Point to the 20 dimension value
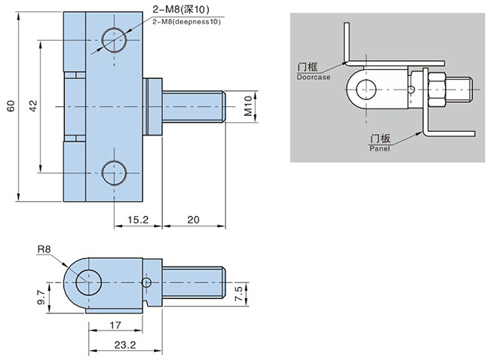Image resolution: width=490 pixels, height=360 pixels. click(192, 220)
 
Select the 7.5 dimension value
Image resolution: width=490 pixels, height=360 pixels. click(240, 294)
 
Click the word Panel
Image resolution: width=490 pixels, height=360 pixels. click(378, 150)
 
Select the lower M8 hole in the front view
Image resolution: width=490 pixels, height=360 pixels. click(115, 173)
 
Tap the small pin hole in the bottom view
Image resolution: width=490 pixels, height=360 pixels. click(147, 282)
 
